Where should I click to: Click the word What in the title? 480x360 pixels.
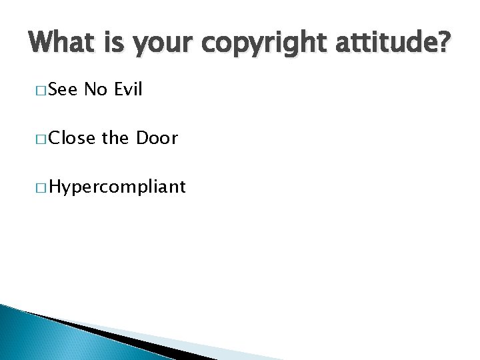point(61,44)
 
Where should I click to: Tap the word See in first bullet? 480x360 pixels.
point(63,89)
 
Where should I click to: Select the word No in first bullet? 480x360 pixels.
point(97,89)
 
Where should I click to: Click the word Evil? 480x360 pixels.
point(129,89)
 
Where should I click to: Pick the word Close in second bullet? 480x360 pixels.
point(73,138)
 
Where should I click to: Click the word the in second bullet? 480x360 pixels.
point(116,138)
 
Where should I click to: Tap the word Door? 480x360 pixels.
point(157,138)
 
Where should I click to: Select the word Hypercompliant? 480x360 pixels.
point(117,188)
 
